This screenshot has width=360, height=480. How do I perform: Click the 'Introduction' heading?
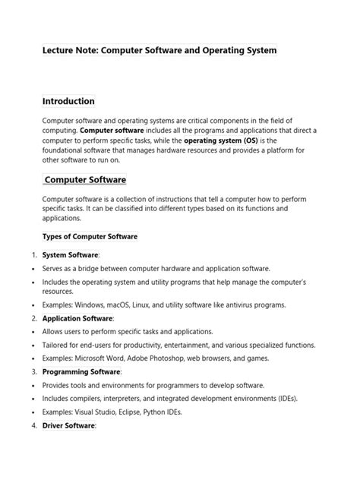pyautogui.click(x=68, y=101)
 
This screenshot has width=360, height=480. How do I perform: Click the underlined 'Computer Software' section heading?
pyautogui.click(x=85, y=180)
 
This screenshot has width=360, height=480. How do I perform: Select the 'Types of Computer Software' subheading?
pyautogui.click(x=90, y=236)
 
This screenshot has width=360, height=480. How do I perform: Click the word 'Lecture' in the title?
pyautogui.click(x=60, y=50)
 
